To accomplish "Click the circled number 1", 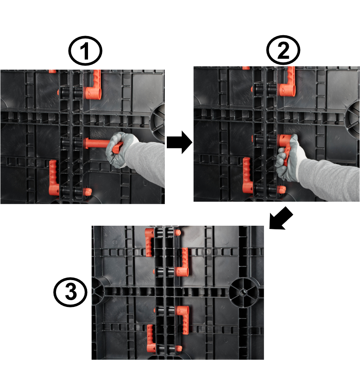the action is [85, 51].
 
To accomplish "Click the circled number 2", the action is [283, 50].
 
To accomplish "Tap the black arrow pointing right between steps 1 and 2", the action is [179, 142].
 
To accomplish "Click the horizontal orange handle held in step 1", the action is [102, 145].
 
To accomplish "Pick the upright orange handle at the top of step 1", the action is [94, 85].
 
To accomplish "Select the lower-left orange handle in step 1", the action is [54, 178].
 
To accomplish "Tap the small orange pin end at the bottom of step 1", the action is [88, 192].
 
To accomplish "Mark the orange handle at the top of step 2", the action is [287, 82].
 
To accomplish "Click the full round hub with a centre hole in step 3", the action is [244, 293].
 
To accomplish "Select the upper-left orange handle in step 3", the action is [150, 242].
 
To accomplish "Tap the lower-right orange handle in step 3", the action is [184, 319].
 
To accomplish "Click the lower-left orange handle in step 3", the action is [151, 338].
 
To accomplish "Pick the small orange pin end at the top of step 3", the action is [178, 232].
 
